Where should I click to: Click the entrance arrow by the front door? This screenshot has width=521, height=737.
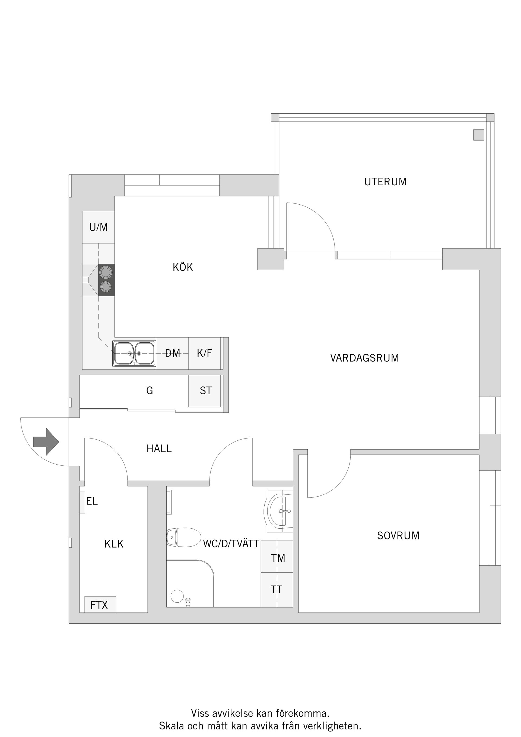point(46,442)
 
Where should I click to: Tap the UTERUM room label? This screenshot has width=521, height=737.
point(385,182)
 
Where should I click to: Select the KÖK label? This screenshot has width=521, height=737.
point(183,267)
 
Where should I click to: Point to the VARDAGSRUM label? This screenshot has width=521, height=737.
point(364,358)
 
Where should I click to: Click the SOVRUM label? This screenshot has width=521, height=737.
point(398,535)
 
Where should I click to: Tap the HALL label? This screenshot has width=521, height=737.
point(159,449)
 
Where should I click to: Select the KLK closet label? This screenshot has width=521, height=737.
point(114,544)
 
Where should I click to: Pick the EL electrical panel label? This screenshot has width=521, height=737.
point(91,501)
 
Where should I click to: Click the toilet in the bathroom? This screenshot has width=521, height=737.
point(183,537)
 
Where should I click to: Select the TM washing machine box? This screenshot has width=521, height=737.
point(277,558)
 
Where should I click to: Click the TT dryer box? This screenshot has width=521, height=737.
point(277,589)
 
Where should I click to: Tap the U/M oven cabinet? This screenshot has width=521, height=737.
point(98,227)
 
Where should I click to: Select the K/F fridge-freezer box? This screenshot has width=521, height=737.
point(205,353)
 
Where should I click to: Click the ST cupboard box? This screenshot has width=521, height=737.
point(205,391)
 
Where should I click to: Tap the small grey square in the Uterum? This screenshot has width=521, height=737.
point(478,135)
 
